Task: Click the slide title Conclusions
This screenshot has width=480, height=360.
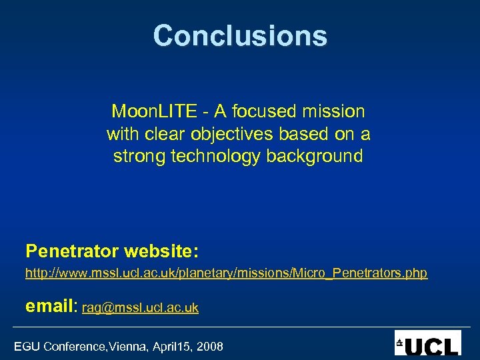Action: [240, 35]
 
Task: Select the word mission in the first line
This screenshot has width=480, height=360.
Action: [337, 111]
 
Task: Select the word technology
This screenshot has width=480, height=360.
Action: [212, 157]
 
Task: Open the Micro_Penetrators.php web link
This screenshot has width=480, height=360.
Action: [226, 273]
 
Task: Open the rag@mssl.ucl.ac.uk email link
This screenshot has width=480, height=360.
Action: [140, 308]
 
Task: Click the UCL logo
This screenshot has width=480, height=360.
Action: [427, 343]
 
